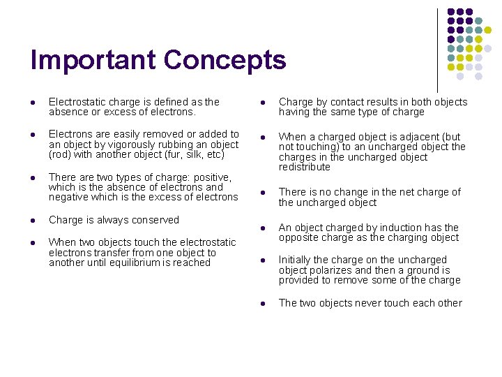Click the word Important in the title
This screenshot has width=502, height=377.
point(93,60)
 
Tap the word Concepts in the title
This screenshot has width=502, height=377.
point(225,61)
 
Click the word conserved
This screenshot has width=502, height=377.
point(155,220)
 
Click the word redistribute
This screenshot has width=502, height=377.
point(305,168)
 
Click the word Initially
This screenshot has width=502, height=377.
point(298,260)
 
